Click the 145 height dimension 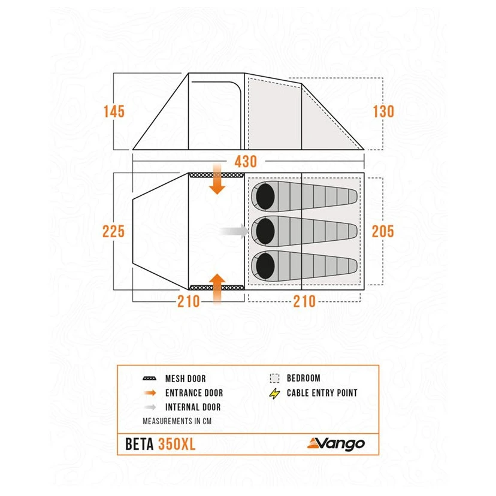point(114,111)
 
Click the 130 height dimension point(383,111)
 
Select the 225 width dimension point(114,231)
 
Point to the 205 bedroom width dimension point(383,231)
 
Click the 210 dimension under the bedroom point(304,301)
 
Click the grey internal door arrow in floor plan point(235,231)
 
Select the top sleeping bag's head point(264,196)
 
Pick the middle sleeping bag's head point(264,229)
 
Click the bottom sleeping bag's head point(264,264)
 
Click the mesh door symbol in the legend point(150,379)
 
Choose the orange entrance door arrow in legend point(150,393)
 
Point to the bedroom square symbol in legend point(275,379)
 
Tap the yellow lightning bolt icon point(275,394)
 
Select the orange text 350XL point(177,444)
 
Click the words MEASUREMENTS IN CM point(177,421)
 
